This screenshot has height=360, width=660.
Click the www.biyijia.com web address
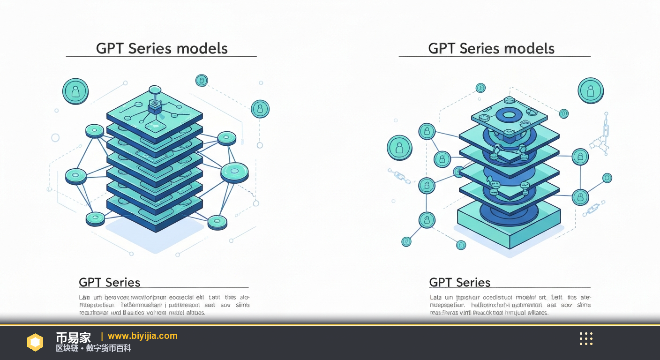(142, 336)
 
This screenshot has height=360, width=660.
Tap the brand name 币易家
(73, 337)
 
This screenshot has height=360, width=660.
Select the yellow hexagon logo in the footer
(35, 342)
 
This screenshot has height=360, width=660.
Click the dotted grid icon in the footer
(586, 338)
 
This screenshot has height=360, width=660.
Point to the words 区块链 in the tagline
(67, 349)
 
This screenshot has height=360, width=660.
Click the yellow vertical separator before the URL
(102, 336)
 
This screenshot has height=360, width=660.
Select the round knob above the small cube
(155, 90)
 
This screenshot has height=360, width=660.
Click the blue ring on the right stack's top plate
(509, 115)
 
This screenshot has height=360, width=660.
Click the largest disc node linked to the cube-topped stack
(234, 172)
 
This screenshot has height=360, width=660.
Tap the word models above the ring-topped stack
(530, 48)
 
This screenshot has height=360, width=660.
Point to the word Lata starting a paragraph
(436, 297)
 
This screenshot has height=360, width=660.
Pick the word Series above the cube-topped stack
(150, 48)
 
